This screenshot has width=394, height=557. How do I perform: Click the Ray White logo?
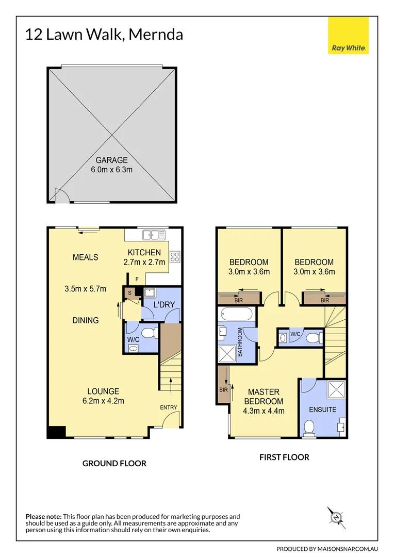pos(349,36)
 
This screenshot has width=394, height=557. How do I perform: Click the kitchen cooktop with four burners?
pos(175,257)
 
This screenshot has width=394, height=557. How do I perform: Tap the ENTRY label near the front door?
pos(168,407)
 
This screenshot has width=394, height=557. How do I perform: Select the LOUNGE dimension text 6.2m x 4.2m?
pos(103,401)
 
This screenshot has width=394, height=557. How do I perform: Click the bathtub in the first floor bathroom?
pos(236,314)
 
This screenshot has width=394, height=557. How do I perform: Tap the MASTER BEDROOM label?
pos(263,397)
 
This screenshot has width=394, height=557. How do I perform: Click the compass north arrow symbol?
pos(336,517)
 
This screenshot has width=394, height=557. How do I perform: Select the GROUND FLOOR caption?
pos(114,463)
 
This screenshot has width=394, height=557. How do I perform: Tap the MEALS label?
pos(85,257)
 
